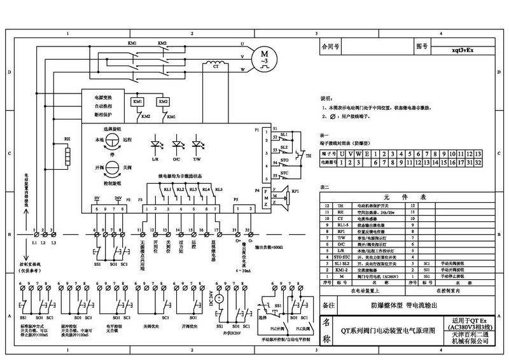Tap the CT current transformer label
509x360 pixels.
point(215,66)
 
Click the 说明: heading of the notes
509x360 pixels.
point(326,99)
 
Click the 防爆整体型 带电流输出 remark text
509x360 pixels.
point(405,305)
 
